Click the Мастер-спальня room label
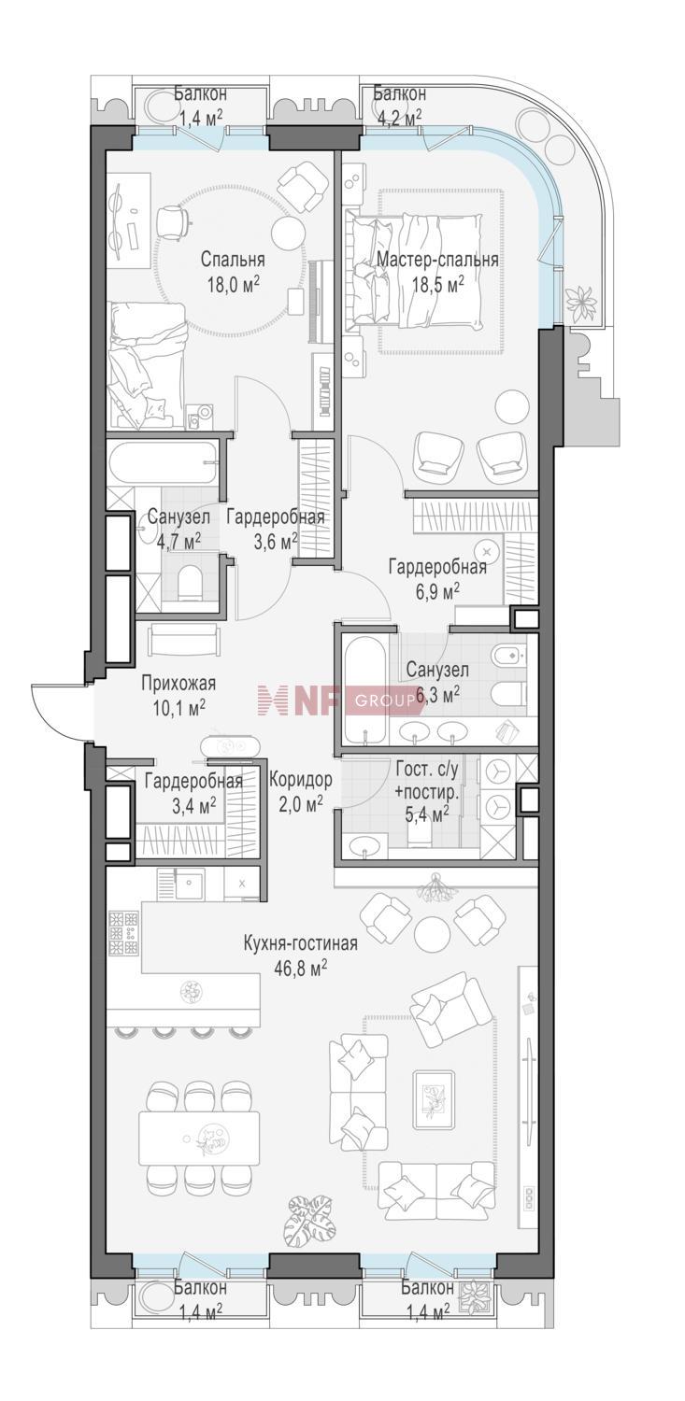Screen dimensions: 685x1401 [x=437, y=260]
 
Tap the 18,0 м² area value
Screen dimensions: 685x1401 [x=234, y=285]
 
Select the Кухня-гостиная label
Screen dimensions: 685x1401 [x=300, y=943]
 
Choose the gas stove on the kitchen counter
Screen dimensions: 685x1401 [x=123, y=933]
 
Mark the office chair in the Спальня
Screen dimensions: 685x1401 [x=172, y=219]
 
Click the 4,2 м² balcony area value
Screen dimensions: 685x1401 [x=397, y=117]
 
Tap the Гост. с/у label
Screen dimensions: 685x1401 [x=428, y=769]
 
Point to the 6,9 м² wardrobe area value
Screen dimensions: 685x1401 [x=438, y=589]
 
